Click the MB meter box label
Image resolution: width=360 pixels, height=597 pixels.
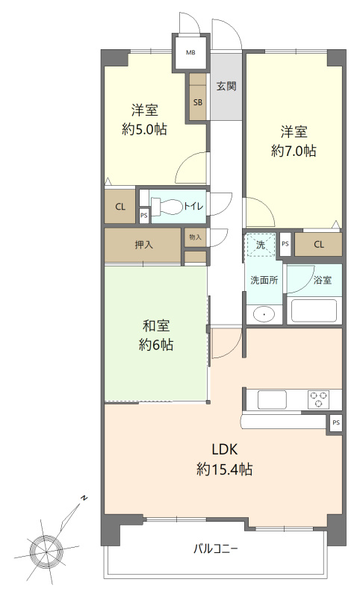[190, 52]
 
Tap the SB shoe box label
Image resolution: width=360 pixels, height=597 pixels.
[198, 102]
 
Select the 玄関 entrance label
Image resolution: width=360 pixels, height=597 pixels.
[226, 86]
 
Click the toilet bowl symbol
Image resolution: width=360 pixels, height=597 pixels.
[167, 207]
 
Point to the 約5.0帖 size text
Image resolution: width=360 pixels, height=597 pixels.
[144, 129]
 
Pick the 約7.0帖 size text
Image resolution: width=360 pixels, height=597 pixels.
[294, 151]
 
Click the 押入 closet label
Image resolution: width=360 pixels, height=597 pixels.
[144, 245]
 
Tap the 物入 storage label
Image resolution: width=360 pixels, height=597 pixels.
[195, 237]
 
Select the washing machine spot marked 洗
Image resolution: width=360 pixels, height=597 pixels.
[261, 245]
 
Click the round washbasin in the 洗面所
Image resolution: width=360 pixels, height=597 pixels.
[264, 315]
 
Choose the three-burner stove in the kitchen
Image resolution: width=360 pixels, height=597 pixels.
[319, 399]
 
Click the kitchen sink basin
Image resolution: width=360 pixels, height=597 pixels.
[272, 399]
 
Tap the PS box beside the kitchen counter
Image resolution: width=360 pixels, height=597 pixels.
[335, 422]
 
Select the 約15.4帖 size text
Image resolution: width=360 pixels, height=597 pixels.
[224, 469]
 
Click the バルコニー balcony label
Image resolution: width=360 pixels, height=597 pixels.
[216, 549]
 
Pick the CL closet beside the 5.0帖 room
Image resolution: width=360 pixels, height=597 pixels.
[120, 207]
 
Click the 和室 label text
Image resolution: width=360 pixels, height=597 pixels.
[156, 326]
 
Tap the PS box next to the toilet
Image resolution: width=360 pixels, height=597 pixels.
[143, 215]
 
